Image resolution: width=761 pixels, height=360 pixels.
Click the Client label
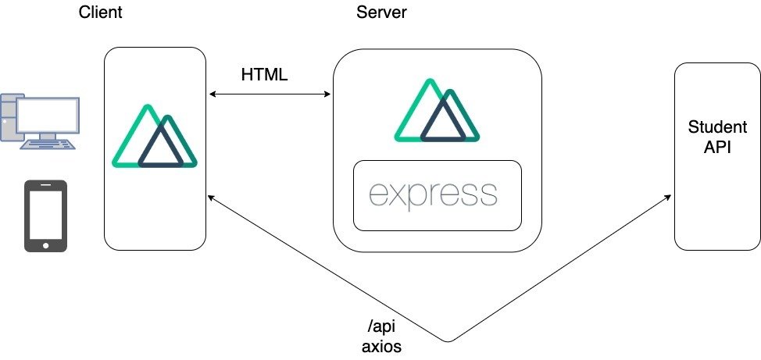pos(101,12)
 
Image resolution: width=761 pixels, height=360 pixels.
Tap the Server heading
pos(382,12)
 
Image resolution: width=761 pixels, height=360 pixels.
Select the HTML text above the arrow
pos(265,76)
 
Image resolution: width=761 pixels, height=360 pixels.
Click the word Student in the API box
pos(717,128)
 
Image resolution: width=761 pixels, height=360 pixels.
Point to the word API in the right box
pos(717,147)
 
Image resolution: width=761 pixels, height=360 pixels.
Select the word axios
pos(381,346)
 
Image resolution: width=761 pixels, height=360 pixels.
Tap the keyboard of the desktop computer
pos(46,145)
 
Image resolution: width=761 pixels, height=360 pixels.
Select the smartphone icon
pos(45,216)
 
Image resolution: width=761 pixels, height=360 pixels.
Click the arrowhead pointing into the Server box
pos(329,95)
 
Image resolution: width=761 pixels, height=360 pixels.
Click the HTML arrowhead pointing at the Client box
pos(212,95)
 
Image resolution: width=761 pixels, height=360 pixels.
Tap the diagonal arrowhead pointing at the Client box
pos(211,198)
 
